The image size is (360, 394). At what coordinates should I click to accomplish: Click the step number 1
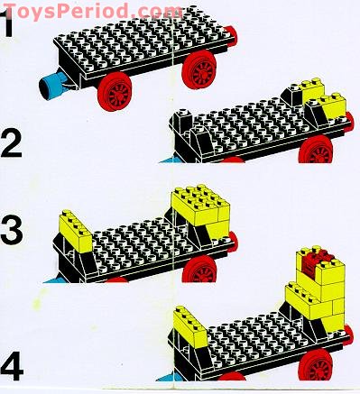[10, 23]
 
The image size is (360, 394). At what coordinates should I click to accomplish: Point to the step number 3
[13, 232]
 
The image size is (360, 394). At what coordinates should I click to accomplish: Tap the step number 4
[13, 367]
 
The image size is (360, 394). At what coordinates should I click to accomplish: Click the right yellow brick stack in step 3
[198, 207]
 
